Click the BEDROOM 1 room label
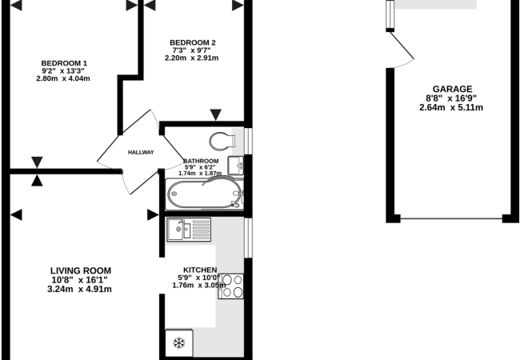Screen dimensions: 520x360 pyautogui.click(x=64, y=63)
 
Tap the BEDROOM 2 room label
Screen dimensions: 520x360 pyautogui.click(x=192, y=42)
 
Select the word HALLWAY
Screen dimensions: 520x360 pyautogui.click(x=141, y=153)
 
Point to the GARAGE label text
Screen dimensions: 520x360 pyautogui.click(x=452, y=89)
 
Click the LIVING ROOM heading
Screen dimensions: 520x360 pyautogui.click(x=81, y=270)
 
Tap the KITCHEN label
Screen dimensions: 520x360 pyautogui.click(x=200, y=270)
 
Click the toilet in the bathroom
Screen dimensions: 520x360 pyautogui.click(x=222, y=141)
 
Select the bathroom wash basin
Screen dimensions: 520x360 pyautogui.click(x=235, y=166)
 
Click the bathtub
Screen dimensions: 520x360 pyautogui.click(x=205, y=194)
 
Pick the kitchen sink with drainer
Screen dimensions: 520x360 pyautogui.click(x=189, y=229)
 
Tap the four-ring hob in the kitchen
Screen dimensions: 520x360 pyautogui.click(x=231, y=286)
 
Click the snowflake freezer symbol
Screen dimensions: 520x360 pyautogui.click(x=179, y=342)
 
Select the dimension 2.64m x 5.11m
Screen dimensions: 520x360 pyautogui.click(x=451, y=107)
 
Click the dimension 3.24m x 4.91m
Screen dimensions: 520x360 pyautogui.click(x=79, y=289)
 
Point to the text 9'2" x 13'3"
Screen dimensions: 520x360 pyautogui.click(x=63, y=71)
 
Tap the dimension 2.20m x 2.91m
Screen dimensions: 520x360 pyautogui.click(x=192, y=58)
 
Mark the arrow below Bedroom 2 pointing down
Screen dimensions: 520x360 pyautogui.click(x=216, y=114)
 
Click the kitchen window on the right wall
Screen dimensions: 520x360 pyautogui.click(x=248, y=238)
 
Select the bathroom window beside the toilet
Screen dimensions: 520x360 pyautogui.click(x=248, y=141)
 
